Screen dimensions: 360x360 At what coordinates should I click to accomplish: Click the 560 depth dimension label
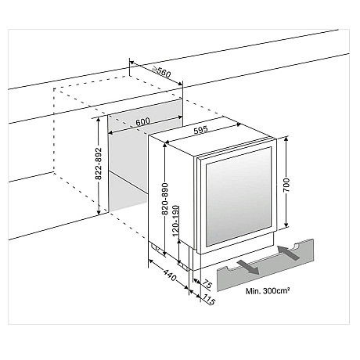point(164,72)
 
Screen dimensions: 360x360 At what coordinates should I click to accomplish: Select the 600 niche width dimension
point(142,123)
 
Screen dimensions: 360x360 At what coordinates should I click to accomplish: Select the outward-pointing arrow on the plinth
point(248,267)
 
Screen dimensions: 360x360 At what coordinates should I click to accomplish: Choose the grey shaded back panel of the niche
point(129,164)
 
